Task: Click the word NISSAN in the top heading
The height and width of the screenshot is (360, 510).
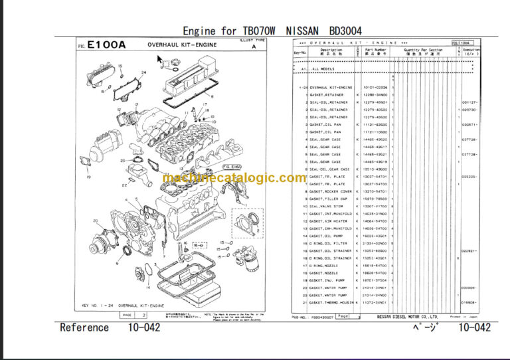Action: [x=303, y=31]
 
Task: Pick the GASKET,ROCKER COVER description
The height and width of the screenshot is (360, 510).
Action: [x=331, y=191]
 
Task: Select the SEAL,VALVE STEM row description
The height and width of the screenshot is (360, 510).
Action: [x=325, y=206]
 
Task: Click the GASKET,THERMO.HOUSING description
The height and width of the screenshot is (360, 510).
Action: [x=332, y=302]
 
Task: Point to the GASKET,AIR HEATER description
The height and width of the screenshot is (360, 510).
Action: [x=328, y=221]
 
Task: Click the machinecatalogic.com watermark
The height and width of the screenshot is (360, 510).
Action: [x=234, y=178]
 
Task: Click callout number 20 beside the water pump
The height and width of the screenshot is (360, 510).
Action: [x=96, y=221]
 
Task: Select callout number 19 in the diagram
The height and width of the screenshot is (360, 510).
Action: [x=87, y=178]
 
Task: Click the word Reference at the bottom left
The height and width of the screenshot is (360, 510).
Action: [x=84, y=327]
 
